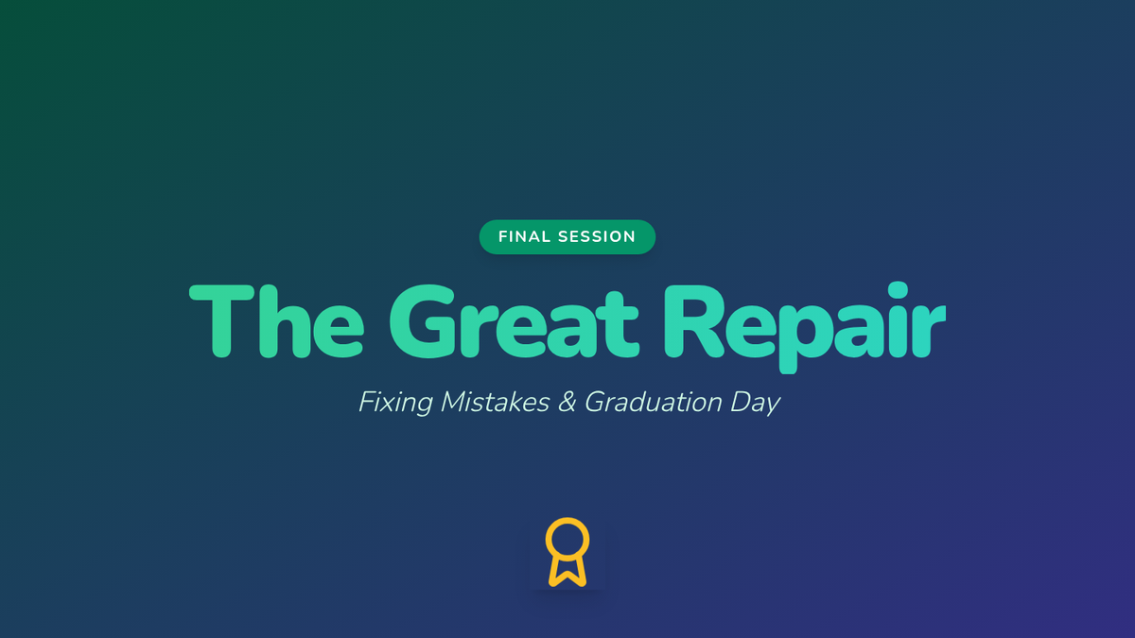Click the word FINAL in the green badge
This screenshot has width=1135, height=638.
[524, 236]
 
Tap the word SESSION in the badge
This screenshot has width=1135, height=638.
[597, 236]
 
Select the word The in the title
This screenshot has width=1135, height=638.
[276, 321]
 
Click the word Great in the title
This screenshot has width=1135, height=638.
[514, 321]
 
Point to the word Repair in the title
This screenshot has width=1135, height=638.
[805, 327]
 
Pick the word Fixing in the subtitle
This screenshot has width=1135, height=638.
[395, 403]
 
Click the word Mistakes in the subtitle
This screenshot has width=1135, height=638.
[495, 402]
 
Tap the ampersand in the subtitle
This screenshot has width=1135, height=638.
[567, 402]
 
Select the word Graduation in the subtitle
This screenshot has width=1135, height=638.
[654, 402]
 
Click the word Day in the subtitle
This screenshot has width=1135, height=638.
[755, 403]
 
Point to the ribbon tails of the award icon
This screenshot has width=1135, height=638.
[567, 572]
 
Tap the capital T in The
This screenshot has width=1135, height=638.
[221, 321]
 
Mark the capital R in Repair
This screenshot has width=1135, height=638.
[693, 321]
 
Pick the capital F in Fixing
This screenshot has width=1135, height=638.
[367, 402]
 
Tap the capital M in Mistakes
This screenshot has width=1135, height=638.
[456, 402]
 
